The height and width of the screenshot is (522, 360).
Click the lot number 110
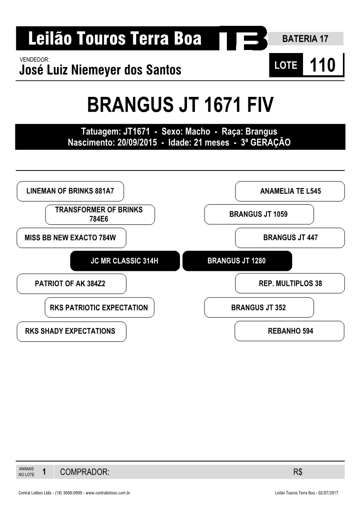(x=322, y=65)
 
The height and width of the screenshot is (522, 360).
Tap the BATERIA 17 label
(x=305, y=39)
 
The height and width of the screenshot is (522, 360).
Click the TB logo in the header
(x=243, y=38)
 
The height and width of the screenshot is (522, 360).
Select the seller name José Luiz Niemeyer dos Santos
(x=100, y=70)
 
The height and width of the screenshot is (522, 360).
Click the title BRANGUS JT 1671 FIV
(x=180, y=105)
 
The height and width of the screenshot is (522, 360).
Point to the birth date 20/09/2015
(x=137, y=142)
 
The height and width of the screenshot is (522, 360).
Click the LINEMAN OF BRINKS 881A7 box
(x=70, y=191)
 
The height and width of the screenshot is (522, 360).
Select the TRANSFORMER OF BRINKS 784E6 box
(x=100, y=214)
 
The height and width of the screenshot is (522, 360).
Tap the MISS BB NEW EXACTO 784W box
(x=71, y=238)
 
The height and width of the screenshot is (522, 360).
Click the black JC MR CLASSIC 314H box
(x=125, y=261)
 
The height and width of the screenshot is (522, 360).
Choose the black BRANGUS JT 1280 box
(x=237, y=261)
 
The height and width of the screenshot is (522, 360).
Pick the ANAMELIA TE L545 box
(x=290, y=191)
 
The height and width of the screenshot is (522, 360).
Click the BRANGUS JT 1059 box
(x=259, y=214)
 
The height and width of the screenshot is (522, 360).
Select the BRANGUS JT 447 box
(x=290, y=238)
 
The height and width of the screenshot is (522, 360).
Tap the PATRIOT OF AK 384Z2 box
(x=71, y=284)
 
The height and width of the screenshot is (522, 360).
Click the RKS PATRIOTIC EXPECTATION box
(x=99, y=307)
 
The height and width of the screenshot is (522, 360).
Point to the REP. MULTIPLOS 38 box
(x=290, y=283)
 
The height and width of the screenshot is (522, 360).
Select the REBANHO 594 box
(x=289, y=331)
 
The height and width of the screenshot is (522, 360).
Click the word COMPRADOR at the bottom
(x=85, y=472)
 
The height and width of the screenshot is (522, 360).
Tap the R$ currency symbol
(x=298, y=472)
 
